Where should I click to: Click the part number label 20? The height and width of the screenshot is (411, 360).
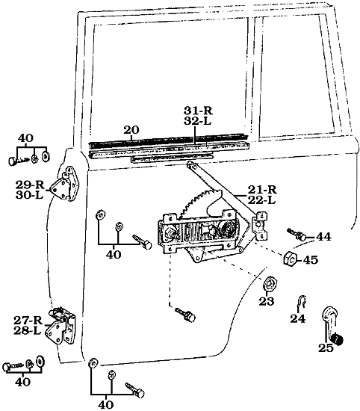click(x=131, y=130)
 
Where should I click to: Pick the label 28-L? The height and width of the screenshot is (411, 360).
click(x=28, y=330)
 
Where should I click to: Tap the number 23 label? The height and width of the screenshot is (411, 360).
click(x=267, y=303)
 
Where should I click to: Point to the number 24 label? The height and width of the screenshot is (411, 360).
click(x=298, y=319)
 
